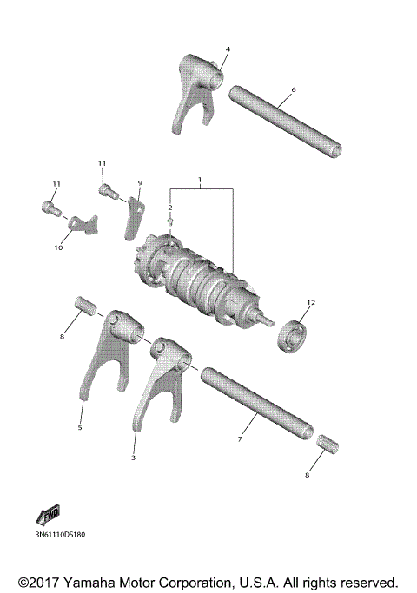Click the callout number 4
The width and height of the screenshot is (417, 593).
228,49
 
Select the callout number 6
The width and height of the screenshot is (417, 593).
294,89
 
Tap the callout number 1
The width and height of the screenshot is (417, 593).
200,182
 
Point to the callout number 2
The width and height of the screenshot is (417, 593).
170,208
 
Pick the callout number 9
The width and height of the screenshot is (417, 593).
140,183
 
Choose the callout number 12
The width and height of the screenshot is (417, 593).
309,302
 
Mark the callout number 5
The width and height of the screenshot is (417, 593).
80,427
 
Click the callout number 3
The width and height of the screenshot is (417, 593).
134,457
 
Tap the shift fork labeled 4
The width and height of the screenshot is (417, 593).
193,91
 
